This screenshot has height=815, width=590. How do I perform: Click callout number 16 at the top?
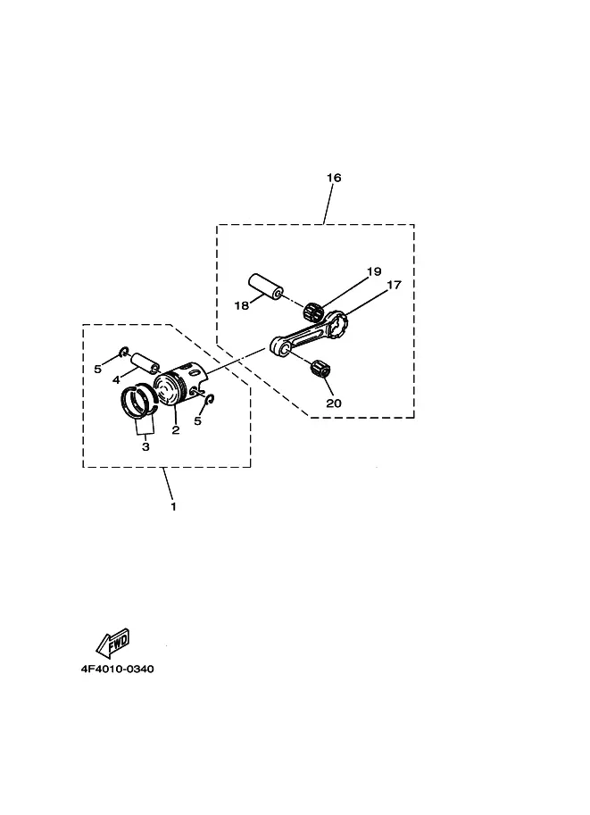334,178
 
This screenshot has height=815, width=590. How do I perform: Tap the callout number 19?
374,271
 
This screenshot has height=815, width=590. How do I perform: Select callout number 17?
394,285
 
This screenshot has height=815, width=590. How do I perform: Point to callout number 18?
242,305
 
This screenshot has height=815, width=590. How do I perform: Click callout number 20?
334,403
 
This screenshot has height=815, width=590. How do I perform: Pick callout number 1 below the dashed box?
174,506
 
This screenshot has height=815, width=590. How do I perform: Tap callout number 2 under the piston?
176,430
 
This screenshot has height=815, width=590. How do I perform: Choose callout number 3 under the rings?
145,446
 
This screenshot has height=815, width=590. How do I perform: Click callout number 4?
116,380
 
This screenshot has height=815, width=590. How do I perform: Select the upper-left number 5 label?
97,369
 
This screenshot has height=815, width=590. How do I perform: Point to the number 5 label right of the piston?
197,421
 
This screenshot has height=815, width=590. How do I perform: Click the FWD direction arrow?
112,643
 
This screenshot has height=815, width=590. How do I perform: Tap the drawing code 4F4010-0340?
118,669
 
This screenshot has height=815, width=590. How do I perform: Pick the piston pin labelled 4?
144,362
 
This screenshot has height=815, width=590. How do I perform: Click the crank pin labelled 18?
264,287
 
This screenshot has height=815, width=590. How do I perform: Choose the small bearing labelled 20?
320,368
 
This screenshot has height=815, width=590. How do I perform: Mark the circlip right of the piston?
211,399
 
